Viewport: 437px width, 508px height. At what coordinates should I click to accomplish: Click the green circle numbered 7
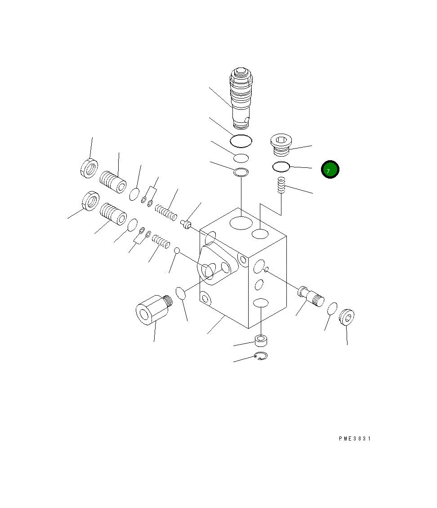click(330, 170)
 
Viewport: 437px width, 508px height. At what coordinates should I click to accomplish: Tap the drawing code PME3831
click(355, 439)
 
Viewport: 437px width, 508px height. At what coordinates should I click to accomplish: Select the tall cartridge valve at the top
click(241, 98)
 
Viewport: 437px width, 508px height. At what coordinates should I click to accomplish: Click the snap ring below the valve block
click(261, 356)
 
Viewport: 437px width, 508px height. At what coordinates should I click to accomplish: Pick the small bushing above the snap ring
click(261, 341)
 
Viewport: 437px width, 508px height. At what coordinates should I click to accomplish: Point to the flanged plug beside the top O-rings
click(281, 144)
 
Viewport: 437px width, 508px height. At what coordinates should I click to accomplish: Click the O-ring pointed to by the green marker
click(281, 167)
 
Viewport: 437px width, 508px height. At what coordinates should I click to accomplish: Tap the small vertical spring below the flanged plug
click(281, 185)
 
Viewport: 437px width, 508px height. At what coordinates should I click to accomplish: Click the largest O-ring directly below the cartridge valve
click(241, 141)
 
